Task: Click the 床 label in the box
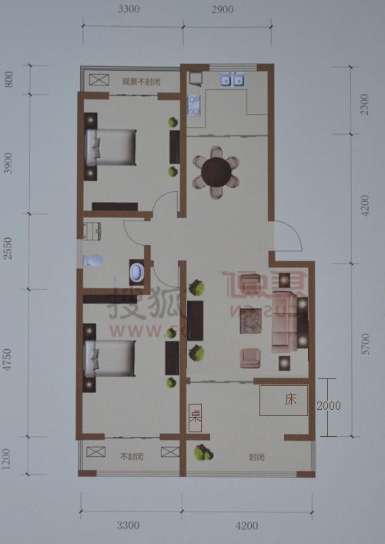point(290,400)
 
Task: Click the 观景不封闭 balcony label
point(140,81)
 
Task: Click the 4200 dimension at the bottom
point(246,526)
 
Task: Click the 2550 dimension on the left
point(8,251)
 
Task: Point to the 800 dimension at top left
point(8,79)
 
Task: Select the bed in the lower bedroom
point(111,358)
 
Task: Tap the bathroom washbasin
point(137,272)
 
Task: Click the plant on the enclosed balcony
point(203,453)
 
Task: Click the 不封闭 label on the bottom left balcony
point(132,456)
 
